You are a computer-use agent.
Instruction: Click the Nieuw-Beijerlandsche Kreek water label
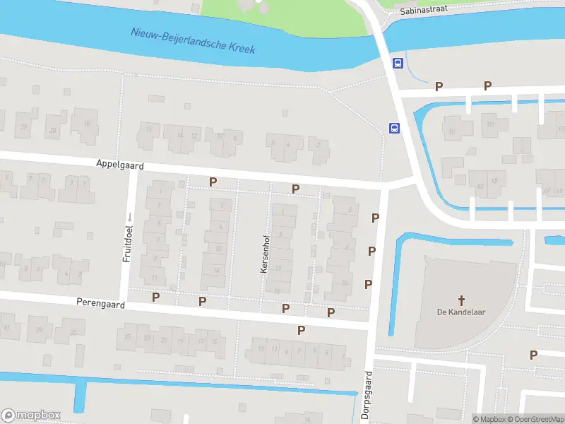point(193,41)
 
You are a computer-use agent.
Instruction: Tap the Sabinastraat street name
point(423,11)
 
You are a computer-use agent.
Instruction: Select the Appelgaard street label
point(120,164)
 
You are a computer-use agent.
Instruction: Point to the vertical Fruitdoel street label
point(128,244)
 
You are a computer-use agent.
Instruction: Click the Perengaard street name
point(100,304)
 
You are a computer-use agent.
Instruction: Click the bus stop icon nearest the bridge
point(398,63)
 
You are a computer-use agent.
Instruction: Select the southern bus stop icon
point(393,128)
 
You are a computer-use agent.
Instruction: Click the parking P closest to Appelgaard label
point(213,182)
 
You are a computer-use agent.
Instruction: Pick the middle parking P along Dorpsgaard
point(371,251)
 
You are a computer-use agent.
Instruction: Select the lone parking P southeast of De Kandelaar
point(533,355)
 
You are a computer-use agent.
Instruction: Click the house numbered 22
point(24,128)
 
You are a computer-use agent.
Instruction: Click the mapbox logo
point(31,415)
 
